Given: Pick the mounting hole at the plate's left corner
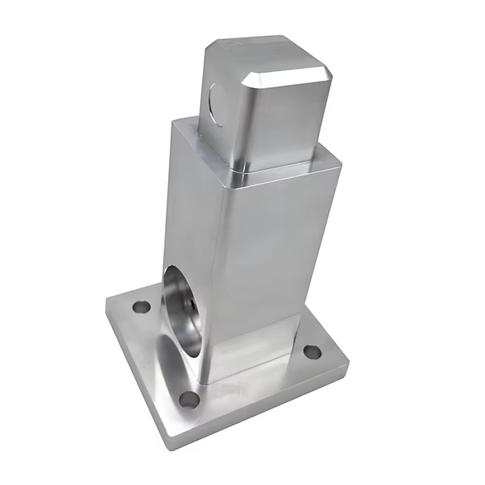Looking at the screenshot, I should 141,307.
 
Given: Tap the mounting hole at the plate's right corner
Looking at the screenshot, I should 311,352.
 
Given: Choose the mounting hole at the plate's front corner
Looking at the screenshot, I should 189,398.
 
